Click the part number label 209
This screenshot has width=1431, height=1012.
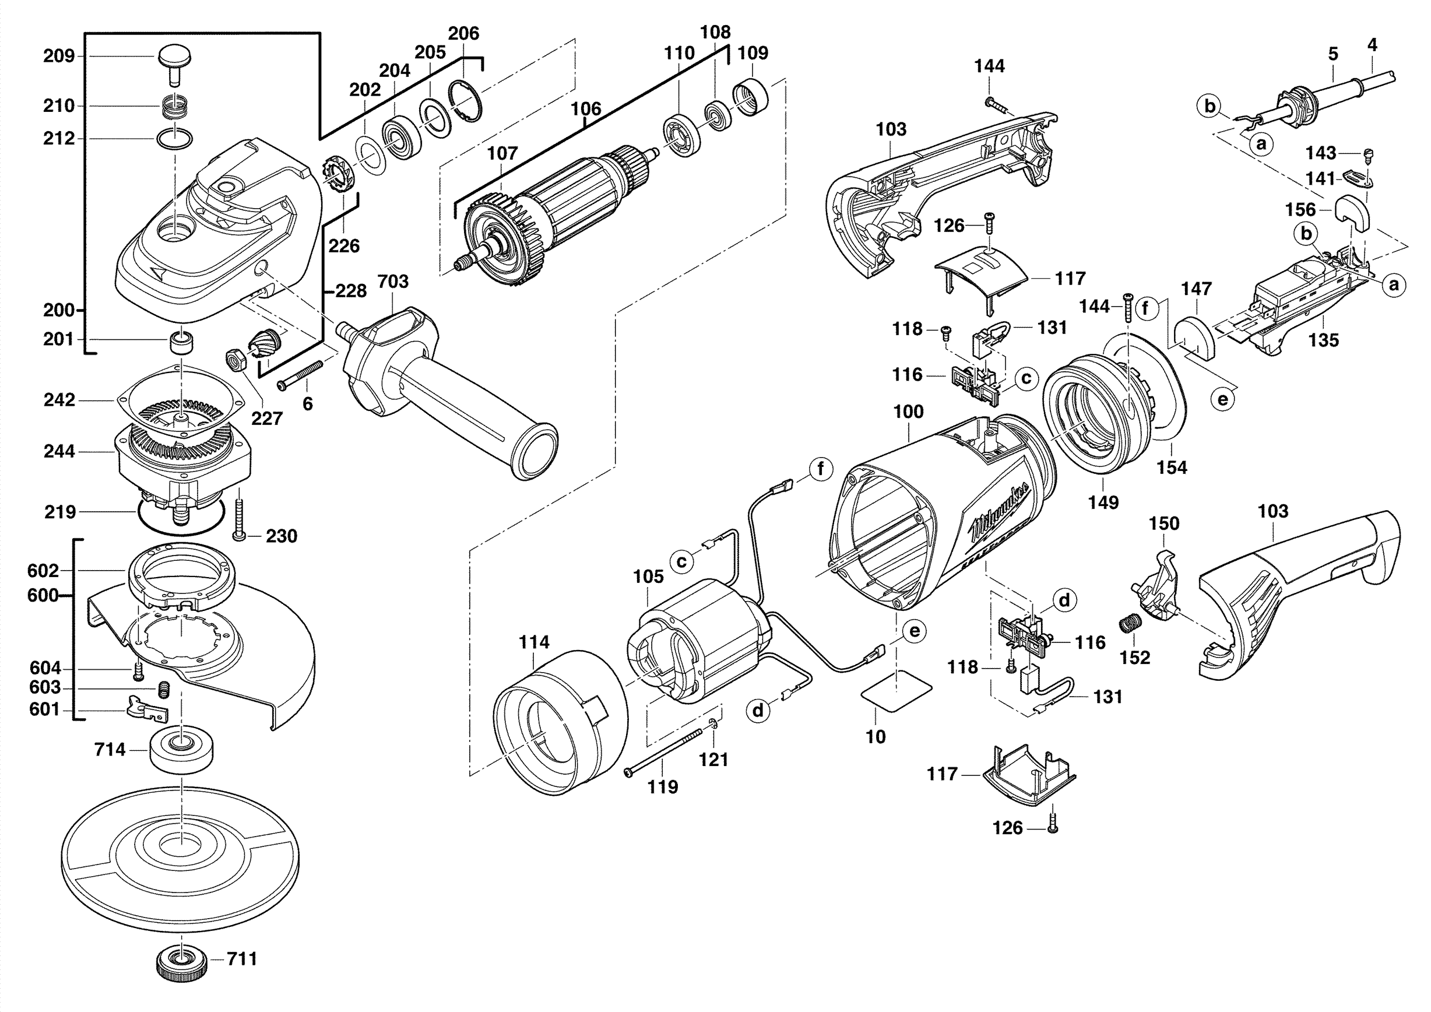pyautogui.click(x=59, y=56)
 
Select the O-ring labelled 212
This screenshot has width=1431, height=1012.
pyautogui.click(x=174, y=138)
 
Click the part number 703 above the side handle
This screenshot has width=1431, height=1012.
pyautogui.click(x=393, y=282)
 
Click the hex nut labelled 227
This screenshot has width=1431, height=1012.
pyautogui.click(x=235, y=361)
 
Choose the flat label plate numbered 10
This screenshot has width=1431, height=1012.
pyautogui.click(x=896, y=688)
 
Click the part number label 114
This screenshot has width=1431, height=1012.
pyautogui.click(x=535, y=642)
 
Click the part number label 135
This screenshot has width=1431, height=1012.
pyautogui.click(x=1323, y=340)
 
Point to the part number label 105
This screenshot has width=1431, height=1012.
pyautogui.click(x=649, y=577)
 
